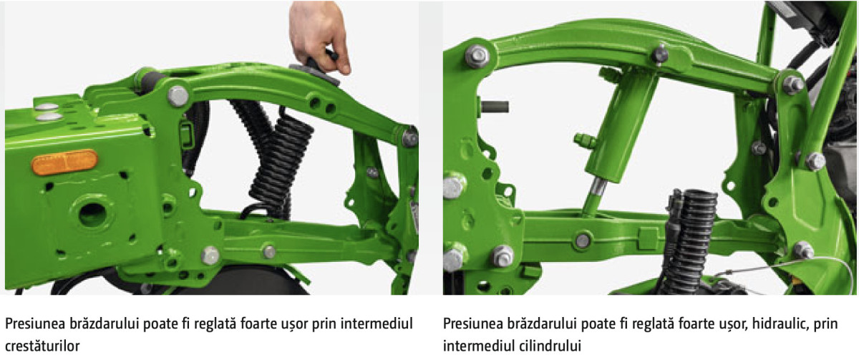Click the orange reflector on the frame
(x=64, y=162)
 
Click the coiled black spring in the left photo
(x=282, y=165)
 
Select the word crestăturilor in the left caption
(x=42, y=346)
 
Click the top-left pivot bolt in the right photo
(x=477, y=57)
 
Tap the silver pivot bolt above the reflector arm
(x=178, y=96)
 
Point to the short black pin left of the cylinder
(x=494, y=107)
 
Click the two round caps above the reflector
(x=49, y=112)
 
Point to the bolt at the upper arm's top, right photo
(x=659, y=55)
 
